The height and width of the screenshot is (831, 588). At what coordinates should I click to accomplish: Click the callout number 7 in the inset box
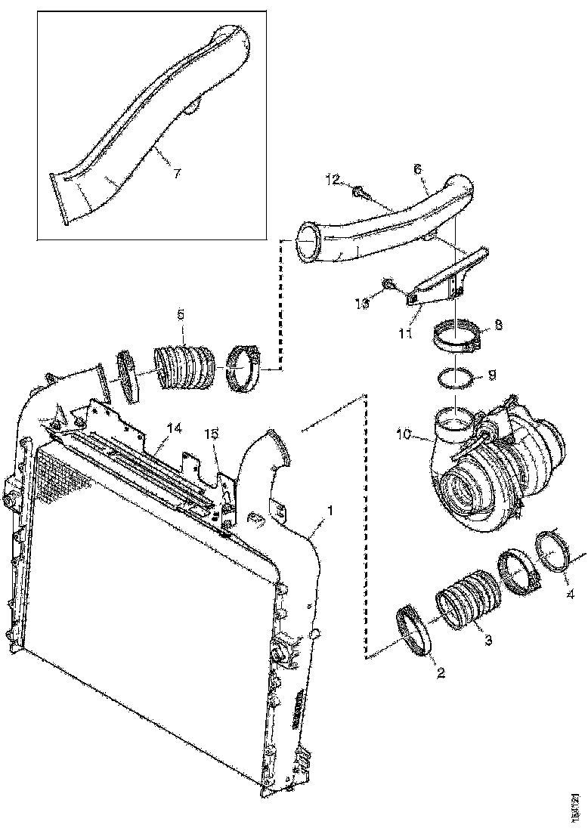click(x=176, y=174)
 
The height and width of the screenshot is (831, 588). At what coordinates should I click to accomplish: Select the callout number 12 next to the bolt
click(x=333, y=180)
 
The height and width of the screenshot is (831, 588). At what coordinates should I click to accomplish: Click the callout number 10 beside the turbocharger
click(x=404, y=436)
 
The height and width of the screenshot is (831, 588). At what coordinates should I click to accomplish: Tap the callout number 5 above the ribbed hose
click(x=181, y=313)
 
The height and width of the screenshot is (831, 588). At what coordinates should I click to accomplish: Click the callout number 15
click(x=213, y=434)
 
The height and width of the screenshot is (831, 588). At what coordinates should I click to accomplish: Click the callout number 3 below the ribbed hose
click(x=488, y=640)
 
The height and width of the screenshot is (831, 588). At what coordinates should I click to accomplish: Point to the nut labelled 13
click(x=388, y=284)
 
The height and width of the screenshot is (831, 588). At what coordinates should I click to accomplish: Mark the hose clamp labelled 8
click(x=460, y=336)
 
